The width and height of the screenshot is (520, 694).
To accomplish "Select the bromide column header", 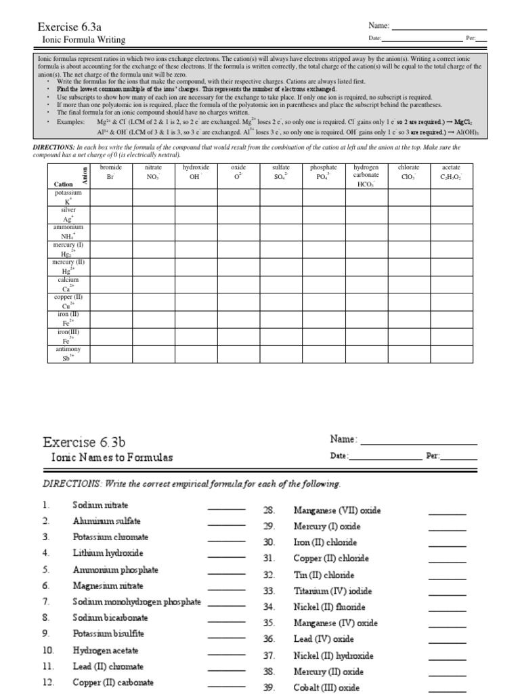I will (112, 171).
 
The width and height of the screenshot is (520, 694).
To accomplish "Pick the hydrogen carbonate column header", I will (366, 175).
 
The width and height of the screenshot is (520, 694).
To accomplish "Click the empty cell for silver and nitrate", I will (153, 214).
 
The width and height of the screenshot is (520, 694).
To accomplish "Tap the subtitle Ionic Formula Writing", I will (80, 40).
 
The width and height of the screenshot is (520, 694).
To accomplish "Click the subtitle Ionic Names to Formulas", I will (112, 457).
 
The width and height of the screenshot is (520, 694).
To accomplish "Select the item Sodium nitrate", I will (100, 505).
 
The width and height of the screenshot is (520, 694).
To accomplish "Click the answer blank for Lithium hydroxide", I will (226, 554).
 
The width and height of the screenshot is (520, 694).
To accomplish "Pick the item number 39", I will (268, 687).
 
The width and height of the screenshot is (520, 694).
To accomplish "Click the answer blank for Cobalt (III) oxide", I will (448, 690).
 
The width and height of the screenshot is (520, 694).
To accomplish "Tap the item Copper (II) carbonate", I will (113, 682).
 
